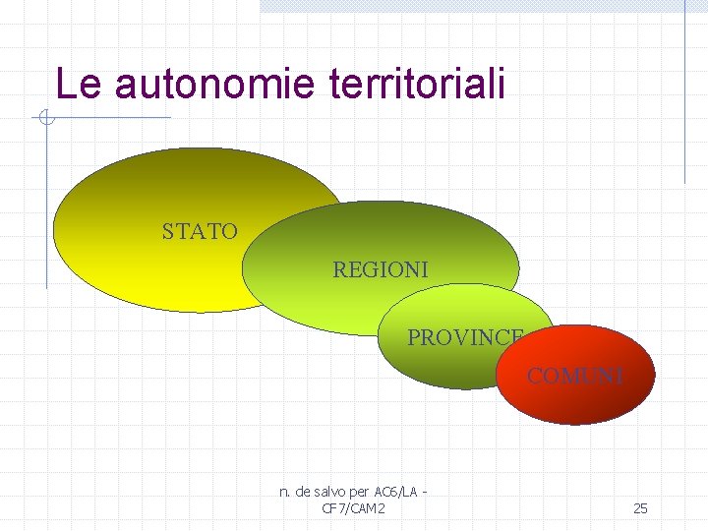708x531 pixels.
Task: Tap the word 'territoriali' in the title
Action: coord(413,85)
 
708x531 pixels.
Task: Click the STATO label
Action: coord(200,232)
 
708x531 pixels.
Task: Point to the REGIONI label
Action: coord(381,269)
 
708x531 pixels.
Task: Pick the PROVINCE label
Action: coord(465,337)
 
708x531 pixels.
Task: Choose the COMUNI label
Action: coord(575,376)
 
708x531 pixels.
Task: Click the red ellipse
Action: coord(575,398)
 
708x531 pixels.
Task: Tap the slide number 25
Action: coord(640,508)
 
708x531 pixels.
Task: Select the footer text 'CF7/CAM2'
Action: coord(353,508)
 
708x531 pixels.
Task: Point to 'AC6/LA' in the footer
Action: coord(397,492)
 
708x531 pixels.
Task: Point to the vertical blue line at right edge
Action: coord(684,98)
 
